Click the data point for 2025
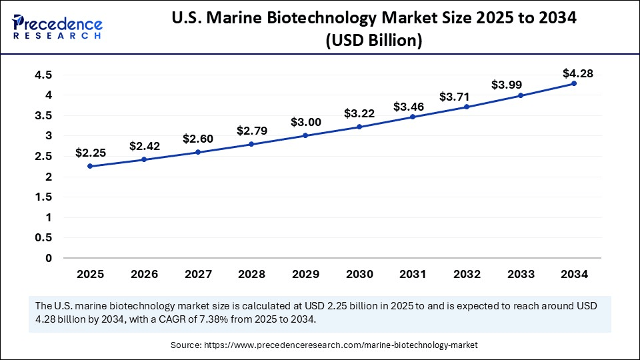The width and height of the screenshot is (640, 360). click(90, 166)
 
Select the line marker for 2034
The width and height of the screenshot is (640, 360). click(574, 83)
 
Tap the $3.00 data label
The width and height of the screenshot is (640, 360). click(305, 122)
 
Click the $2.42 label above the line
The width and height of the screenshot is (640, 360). click(144, 146)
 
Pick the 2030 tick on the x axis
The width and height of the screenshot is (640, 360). click(359, 273)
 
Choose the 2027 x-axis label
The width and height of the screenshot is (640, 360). click(198, 273)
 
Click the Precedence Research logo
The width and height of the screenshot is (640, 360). click(57, 26)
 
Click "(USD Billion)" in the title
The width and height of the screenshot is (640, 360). click(373, 41)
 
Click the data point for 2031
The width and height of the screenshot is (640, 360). click(413, 117)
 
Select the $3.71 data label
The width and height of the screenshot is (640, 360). click(467, 97)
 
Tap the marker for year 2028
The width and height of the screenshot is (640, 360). click(251, 144)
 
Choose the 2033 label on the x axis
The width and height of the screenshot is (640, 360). click(521, 273)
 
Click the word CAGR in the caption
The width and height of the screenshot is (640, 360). click(223, 319)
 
